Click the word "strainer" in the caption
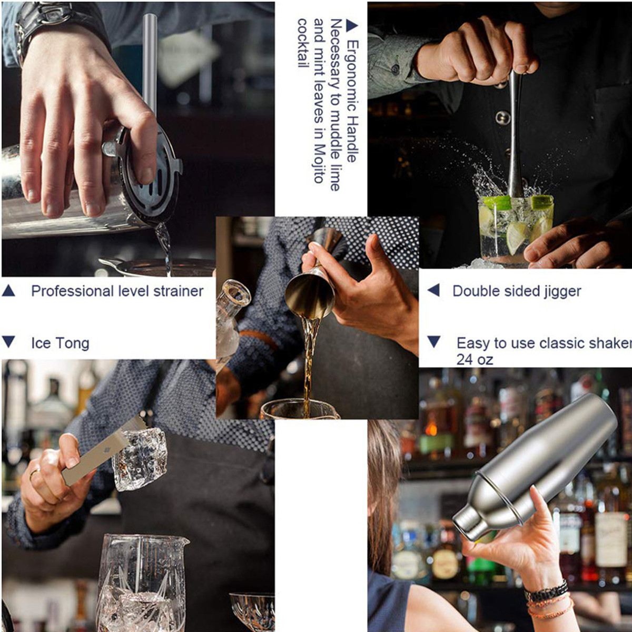[179, 291]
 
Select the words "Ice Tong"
[60, 343]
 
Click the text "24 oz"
[475, 360]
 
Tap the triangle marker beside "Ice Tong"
[8, 341]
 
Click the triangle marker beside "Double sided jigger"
[433, 290]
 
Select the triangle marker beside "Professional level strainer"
[8, 291]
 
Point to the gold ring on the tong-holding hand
[35, 474]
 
